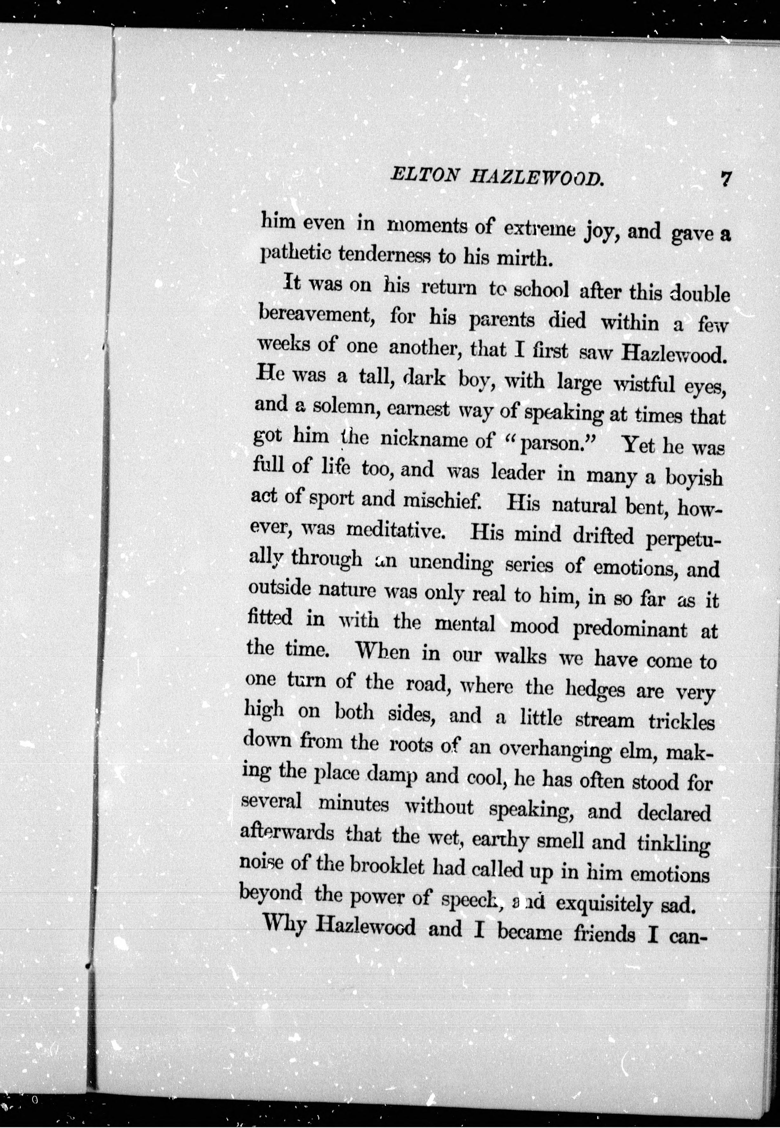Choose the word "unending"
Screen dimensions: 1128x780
(451, 563)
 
